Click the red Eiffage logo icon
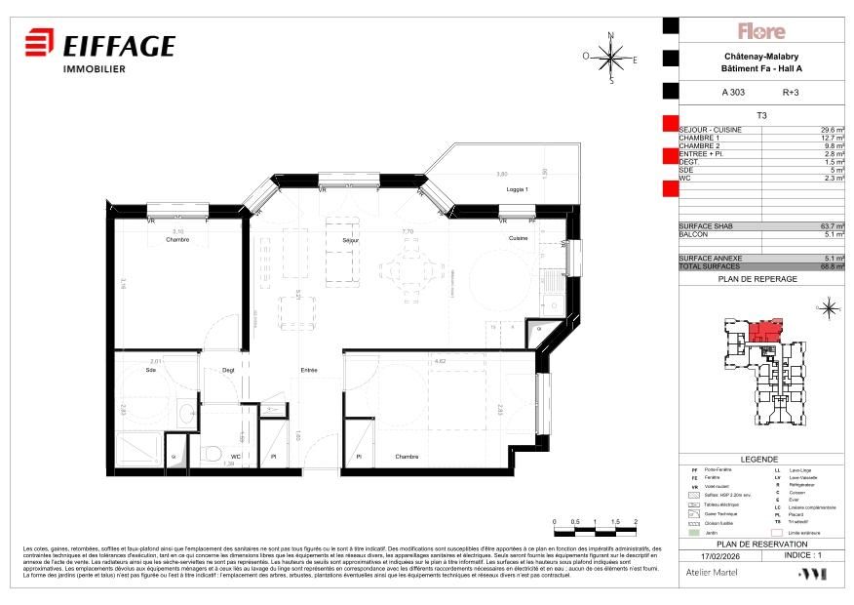(x=39, y=45)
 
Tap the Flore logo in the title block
(x=761, y=31)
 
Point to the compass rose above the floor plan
(x=610, y=58)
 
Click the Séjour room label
(x=351, y=240)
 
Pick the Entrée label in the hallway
(x=309, y=370)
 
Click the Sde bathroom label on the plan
(x=151, y=370)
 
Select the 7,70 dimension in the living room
(x=408, y=232)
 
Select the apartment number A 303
(x=733, y=93)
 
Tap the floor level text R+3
(x=791, y=93)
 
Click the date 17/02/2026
(x=704, y=554)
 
